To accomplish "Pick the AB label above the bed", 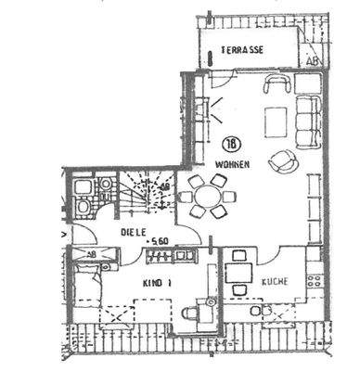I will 90,253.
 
